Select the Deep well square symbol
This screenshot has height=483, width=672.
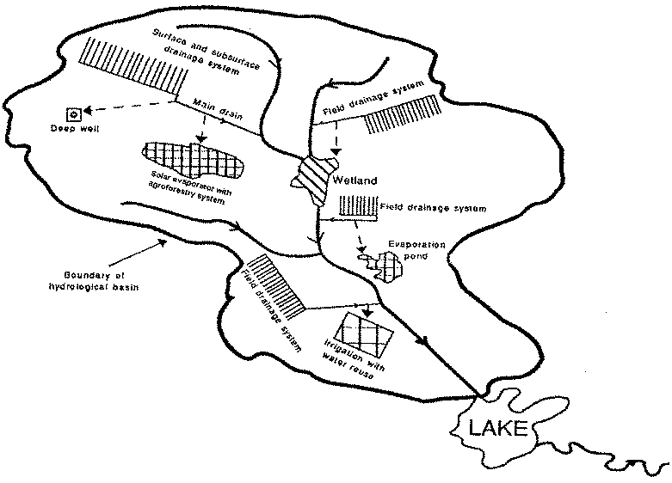click(73, 114)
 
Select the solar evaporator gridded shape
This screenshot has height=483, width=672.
click(193, 159)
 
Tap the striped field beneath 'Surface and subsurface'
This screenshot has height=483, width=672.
click(133, 65)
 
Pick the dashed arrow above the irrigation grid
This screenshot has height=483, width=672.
click(369, 310)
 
